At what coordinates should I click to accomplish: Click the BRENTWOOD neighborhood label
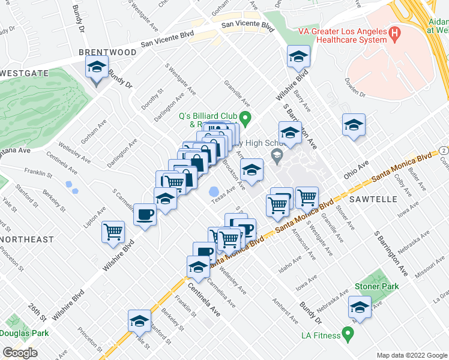(108, 53)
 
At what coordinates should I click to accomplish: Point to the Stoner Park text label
(376, 287)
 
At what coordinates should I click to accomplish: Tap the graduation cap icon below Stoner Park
(360, 307)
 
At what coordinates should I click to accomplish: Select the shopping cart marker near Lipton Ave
(113, 231)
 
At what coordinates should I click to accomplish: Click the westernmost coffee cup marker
(145, 214)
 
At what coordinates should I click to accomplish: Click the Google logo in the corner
(20, 353)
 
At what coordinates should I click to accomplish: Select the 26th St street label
(37, 311)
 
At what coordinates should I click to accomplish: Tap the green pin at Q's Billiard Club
(244, 116)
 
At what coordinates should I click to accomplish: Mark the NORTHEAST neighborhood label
(26, 239)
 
